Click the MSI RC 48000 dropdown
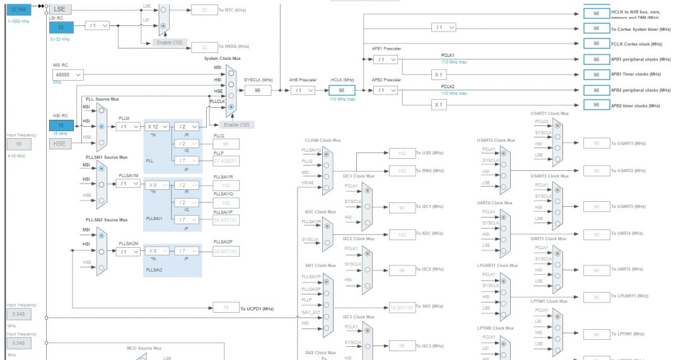(68, 75)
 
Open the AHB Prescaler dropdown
(303, 90)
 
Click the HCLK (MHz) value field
(342, 90)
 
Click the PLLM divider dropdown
(128, 126)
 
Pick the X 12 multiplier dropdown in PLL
(156, 126)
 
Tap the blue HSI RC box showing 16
(61, 125)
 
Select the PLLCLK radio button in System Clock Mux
(231, 107)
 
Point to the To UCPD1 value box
(226, 308)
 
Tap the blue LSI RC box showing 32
(61, 26)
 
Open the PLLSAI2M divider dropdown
(128, 251)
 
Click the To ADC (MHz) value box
(402, 234)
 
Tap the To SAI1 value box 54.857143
(402, 308)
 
